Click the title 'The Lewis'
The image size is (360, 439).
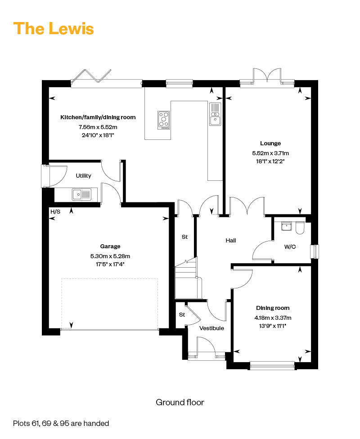(x=54, y=28)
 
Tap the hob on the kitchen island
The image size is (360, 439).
(x=164, y=120)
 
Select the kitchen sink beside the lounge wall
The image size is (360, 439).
(x=215, y=114)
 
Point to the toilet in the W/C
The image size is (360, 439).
(x=300, y=228)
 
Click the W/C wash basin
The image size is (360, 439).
(x=286, y=226)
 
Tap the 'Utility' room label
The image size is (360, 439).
(x=84, y=176)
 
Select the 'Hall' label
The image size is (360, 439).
(x=231, y=241)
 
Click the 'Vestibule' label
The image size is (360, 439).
(x=211, y=328)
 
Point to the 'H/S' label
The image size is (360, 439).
(x=55, y=212)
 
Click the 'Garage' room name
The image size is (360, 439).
(x=110, y=246)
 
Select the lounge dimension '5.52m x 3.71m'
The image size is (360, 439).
(x=270, y=153)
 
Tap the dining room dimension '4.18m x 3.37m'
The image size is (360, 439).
(x=273, y=318)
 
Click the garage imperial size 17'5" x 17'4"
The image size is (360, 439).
(x=110, y=264)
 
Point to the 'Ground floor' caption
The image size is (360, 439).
(x=180, y=402)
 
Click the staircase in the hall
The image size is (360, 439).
(x=186, y=278)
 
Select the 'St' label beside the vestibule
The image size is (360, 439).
(x=182, y=315)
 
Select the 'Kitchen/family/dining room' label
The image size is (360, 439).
(x=98, y=117)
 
